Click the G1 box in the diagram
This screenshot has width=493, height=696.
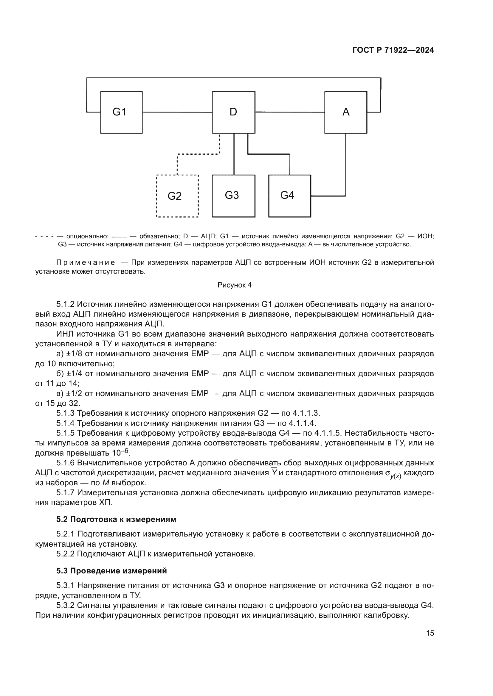[121, 112]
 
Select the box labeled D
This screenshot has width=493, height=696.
[233, 112]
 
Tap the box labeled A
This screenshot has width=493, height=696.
[345, 112]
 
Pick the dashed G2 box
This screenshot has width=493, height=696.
[177, 196]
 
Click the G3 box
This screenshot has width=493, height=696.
[233, 196]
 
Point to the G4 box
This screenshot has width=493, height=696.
[290, 196]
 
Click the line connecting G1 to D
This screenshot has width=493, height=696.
[177, 112]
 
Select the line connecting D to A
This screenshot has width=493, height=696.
[290, 112]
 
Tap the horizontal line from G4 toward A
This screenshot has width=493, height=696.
[328, 196]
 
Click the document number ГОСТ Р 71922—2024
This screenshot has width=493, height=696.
[393, 50]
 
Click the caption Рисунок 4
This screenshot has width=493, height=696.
[234, 285]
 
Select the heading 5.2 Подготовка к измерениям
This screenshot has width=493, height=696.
[116, 519]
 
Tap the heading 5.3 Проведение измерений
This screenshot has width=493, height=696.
[111, 571]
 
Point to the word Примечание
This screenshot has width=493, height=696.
[86, 262]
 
